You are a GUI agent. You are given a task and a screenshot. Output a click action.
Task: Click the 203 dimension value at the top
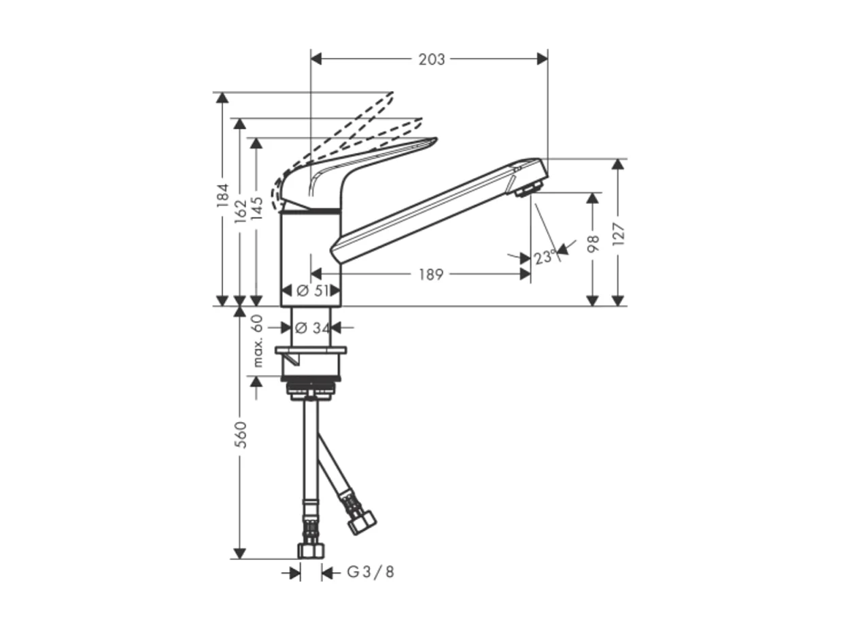point(432,60)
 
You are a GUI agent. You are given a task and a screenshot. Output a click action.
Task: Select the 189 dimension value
point(430,275)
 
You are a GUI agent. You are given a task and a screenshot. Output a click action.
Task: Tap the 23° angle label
point(545,258)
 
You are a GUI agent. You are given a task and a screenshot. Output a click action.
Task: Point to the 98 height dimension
point(592,244)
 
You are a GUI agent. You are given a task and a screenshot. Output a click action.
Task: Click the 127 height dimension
point(617,233)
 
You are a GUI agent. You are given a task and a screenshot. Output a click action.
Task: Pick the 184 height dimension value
point(222,197)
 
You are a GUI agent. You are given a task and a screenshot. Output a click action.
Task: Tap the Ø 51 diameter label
point(311,291)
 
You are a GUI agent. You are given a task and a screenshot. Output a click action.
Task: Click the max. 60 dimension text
point(258,341)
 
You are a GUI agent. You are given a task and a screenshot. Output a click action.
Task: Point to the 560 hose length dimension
point(240,434)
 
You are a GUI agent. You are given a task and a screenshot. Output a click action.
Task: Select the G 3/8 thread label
point(371,573)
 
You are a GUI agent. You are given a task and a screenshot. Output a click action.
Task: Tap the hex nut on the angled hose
point(361,523)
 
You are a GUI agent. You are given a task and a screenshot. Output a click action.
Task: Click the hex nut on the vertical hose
point(311,549)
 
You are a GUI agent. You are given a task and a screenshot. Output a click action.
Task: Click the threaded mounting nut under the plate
point(311,391)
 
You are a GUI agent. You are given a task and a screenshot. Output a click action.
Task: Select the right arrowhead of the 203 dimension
point(542,59)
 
